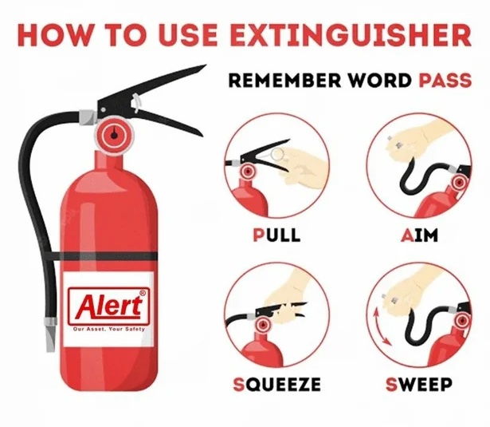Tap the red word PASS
coord(445,81)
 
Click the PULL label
coord(276,235)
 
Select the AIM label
coord(419,235)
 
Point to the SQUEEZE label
coord(277,384)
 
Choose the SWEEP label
coord(419,384)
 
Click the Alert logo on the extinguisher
coord(108,306)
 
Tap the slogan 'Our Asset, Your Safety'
coord(109,329)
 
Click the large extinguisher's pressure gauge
coord(115,135)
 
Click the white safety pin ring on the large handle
coord(136,102)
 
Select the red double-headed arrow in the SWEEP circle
coord(382,326)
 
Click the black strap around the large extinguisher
coord(100,256)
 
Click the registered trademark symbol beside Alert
coord(143,294)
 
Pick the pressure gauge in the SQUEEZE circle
coord(264,326)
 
